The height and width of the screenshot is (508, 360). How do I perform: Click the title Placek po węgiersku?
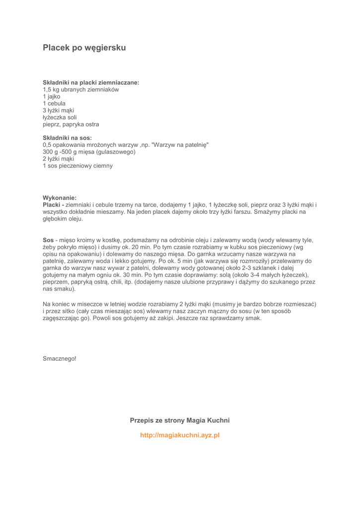tap(84, 48)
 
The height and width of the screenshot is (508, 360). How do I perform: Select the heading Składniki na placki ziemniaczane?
tap(91, 82)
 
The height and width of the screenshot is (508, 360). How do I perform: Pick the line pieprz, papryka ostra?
tap(71, 124)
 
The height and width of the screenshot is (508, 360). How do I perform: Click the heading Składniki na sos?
tap(67, 137)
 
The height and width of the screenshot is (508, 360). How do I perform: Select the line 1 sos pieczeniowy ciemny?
tap(77, 166)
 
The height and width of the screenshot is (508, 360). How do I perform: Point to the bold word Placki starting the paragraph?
tap(52, 204)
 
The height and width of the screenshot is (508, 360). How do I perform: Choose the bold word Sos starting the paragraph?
tap(48, 240)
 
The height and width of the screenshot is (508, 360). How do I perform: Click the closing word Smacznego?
tap(60, 357)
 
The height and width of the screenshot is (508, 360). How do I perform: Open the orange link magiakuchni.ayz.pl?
tap(180, 435)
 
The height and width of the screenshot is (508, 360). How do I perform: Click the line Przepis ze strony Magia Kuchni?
tap(180, 420)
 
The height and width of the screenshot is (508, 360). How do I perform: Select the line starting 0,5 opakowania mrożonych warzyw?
tap(126, 145)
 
